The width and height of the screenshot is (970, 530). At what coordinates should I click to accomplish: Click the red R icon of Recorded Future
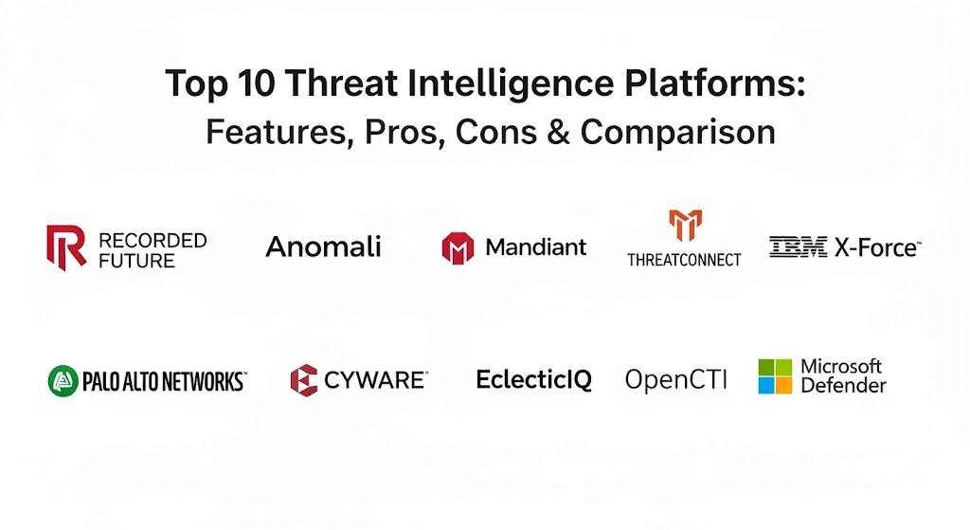pos(66,247)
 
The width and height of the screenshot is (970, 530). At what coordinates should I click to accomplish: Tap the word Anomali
pos(323,247)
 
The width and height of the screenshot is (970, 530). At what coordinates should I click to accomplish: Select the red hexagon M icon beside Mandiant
pos(458,248)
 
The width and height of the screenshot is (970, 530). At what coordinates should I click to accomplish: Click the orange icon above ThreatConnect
pos(685,226)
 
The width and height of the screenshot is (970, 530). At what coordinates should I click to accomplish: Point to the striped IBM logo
pos(798,247)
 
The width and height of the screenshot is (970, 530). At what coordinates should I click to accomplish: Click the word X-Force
pos(877,247)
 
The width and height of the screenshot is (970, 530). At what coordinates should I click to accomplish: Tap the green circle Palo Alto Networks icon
pos(63,381)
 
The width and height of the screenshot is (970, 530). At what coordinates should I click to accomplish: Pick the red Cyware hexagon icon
pos(304,380)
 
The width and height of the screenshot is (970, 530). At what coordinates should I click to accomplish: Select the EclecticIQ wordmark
pos(534,379)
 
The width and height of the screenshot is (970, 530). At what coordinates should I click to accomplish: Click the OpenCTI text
pos(675,379)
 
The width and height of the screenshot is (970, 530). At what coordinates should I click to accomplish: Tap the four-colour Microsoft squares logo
pos(775,376)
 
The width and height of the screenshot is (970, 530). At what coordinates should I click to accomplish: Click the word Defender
pos(843,386)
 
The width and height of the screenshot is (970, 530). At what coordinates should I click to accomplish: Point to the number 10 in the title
pos(256,83)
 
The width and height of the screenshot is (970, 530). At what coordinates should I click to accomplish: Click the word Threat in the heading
pos(341,83)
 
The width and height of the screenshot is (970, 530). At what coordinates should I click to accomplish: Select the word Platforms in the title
pos(714,83)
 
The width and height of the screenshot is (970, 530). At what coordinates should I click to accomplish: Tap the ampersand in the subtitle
pos(558,132)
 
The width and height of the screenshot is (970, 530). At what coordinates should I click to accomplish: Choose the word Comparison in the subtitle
pos(677,133)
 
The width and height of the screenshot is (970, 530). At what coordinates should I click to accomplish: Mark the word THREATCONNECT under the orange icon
pos(684,260)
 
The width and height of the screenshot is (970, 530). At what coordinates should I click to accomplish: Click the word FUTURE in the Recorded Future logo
pos(136,262)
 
